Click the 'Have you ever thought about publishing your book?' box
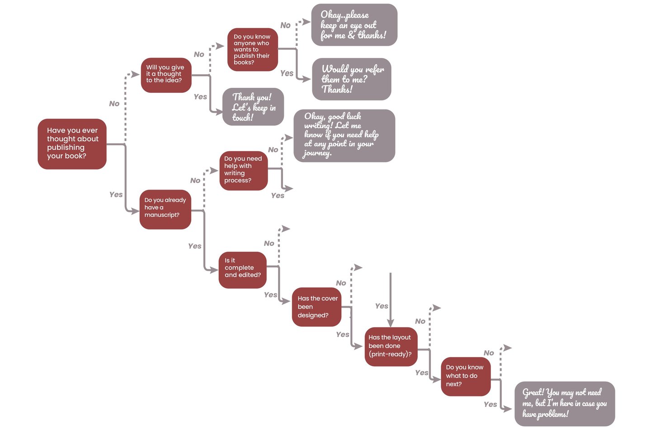tap(72, 144)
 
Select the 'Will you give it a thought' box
tap(166, 75)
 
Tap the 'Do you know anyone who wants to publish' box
tap(252, 49)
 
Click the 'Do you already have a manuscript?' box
tap(165, 209)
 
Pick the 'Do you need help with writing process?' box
tap(243, 171)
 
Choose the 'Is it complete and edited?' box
tap(243, 270)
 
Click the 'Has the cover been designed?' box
tap(316, 307)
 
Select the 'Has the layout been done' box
tap(391, 346)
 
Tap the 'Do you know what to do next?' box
tap(466, 376)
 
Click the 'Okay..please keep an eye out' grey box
tap(354, 25)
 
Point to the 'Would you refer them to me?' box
tap(352, 79)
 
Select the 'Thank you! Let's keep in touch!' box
tap(253, 107)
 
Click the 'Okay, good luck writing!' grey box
tap(344, 135)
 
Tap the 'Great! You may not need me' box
tap(565, 403)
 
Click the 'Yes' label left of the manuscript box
tap(116, 195)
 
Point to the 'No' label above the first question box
tap(114, 104)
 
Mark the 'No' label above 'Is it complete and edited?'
tap(269, 244)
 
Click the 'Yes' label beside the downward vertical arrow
tap(382, 306)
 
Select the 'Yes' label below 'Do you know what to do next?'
tap(490, 404)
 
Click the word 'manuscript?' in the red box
tap(162, 215)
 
